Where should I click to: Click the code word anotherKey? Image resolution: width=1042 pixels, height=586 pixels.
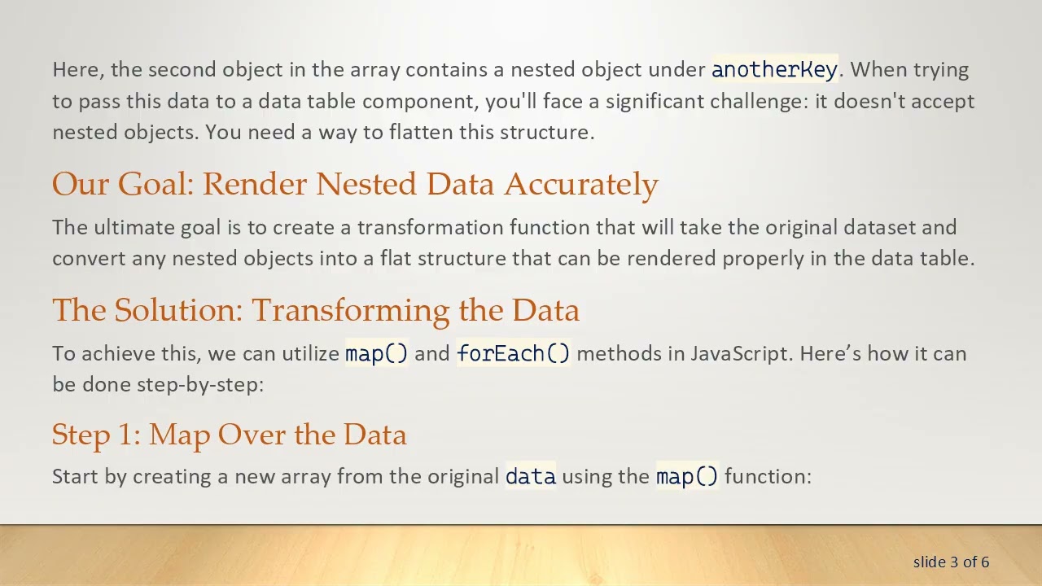pyautogui.click(x=774, y=70)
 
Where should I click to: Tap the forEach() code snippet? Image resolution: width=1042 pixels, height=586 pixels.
pyautogui.click(x=514, y=354)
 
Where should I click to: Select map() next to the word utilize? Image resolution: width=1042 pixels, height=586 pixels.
pyautogui.click(x=376, y=354)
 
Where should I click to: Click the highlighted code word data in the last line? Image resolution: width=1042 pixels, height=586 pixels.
pyautogui.click(x=531, y=476)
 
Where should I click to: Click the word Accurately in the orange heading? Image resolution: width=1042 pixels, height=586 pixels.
pyautogui.click(x=580, y=185)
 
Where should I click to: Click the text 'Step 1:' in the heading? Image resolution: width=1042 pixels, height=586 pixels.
pyautogui.click(x=96, y=435)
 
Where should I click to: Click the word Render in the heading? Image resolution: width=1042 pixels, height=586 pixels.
pyautogui.click(x=255, y=185)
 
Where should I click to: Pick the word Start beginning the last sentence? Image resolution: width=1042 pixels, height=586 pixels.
pyautogui.click(x=76, y=476)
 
